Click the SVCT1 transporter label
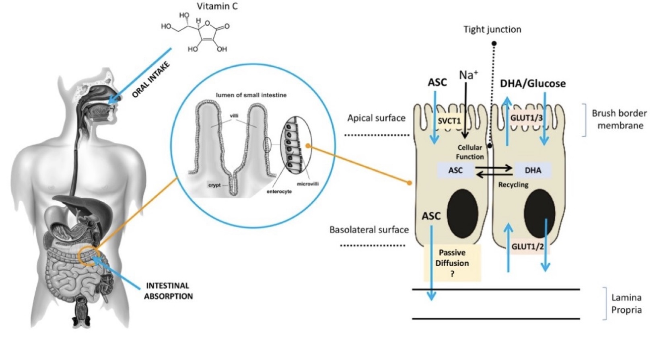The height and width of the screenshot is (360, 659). pyautogui.click(x=449, y=121)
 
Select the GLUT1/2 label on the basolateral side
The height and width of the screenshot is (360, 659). pyautogui.click(x=527, y=247)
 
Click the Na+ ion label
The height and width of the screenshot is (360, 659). pyautogui.click(x=468, y=75)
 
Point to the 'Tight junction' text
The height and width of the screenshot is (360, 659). pyautogui.click(x=492, y=29)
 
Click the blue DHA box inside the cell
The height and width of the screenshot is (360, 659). pyautogui.click(x=533, y=171)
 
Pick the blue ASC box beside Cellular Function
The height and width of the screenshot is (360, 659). pyautogui.click(x=455, y=171)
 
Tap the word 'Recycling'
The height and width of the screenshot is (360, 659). pyautogui.click(x=513, y=185)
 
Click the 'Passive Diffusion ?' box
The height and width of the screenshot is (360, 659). pyautogui.click(x=452, y=263)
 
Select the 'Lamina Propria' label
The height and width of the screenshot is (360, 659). pyautogui.click(x=626, y=304)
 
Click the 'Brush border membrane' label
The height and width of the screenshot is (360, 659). pyautogui.click(x=620, y=119)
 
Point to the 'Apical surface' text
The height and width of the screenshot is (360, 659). pyautogui.click(x=376, y=118)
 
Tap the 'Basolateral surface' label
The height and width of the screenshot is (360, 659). pyautogui.click(x=369, y=230)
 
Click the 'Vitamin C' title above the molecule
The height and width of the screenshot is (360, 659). pyautogui.click(x=217, y=6)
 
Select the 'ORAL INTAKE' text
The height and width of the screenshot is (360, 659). pyautogui.click(x=151, y=80)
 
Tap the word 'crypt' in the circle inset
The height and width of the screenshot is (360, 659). pyautogui.click(x=214, y=185)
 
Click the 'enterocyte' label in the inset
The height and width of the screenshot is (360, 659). pyautogui.click(x=279, y=191)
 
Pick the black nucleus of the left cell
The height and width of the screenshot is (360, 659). pyautogui.click(x=462, y=213)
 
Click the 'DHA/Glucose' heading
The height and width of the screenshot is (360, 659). pyautogui.click(x=533, y=84)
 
